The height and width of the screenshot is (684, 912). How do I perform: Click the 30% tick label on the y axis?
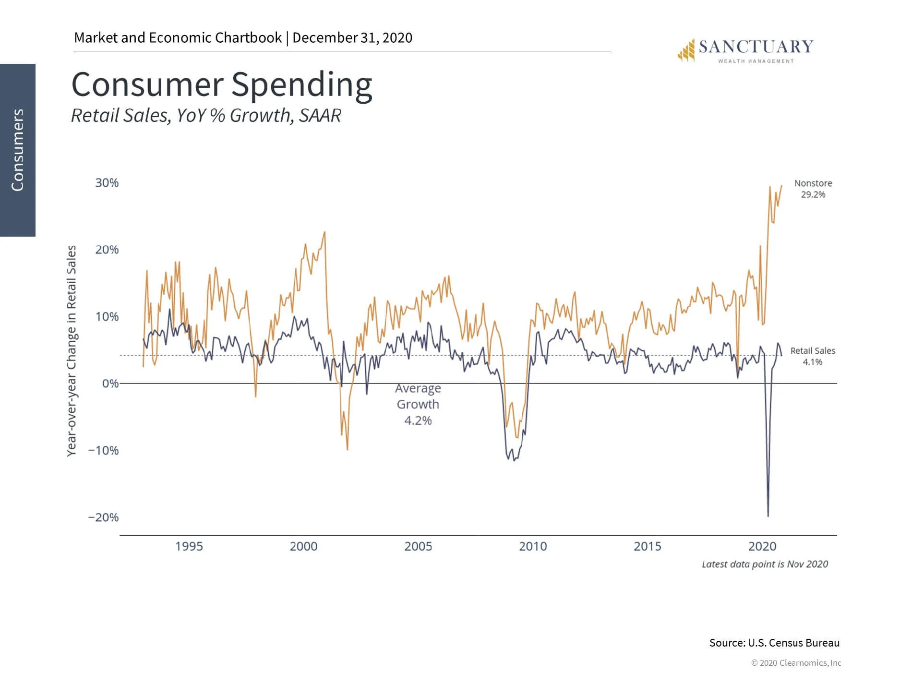coord(107,183)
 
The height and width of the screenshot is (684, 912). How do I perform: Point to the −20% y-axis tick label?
coord(103,517)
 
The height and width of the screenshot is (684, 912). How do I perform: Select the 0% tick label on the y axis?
coord(110,384)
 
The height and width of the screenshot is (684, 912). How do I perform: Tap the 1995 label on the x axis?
coord(189,546)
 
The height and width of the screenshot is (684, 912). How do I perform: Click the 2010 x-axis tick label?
coord(533,546)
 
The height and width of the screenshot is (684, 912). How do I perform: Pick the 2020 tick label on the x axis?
coord(762,546)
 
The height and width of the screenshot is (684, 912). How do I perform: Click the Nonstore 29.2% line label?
coord(813,189)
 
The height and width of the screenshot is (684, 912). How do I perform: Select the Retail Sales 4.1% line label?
coord(813,356)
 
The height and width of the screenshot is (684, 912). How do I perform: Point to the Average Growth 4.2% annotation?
coord(418,404)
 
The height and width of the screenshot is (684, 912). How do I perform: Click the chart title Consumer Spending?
coord(222,85)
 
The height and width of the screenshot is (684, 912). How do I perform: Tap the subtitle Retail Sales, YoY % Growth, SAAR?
coord(206,116)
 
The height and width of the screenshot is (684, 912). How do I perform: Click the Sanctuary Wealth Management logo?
coord(745,50)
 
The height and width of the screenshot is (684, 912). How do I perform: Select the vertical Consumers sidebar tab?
coord(18,150)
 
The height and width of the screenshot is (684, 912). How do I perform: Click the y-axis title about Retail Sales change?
coord(72,350)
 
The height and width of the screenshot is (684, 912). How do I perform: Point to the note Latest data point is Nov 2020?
coord(765,564)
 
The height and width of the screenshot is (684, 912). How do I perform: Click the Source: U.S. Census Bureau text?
coord(774,643)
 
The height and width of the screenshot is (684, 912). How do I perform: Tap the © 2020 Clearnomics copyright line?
coord(796,663)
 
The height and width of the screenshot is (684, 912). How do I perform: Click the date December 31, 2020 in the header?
coord(352,38)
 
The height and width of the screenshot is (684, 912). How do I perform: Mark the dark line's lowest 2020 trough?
coord(768,516)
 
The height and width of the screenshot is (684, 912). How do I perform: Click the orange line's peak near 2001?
coord(325,232)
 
